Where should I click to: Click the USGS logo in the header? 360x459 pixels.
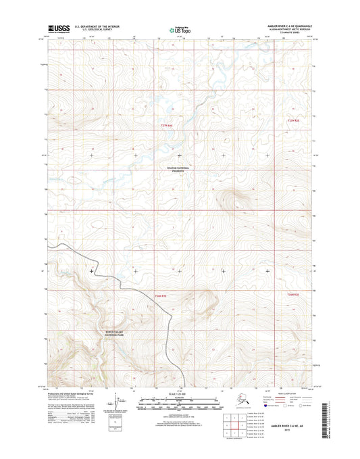(x=59, y=28)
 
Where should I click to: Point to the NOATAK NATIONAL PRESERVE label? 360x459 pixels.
(x=176, y=171)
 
